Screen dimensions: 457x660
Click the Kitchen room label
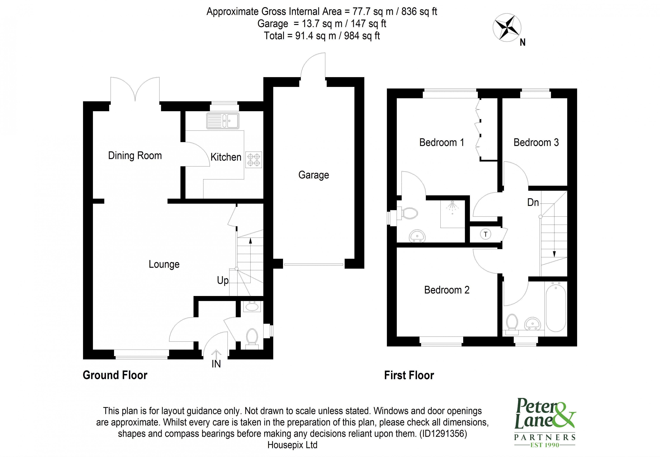pos(226,157)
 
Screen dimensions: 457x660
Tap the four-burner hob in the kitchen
pos(254,160)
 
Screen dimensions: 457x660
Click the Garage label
pos(313,175)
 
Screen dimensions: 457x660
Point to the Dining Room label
pos(135,156)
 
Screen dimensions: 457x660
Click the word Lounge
pos(164,264)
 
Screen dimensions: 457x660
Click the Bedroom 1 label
pos(441,143)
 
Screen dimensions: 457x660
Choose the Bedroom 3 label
pos(536,143)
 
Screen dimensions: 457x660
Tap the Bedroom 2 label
pos(446,290)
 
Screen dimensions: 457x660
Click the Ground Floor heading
pos(115,375)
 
